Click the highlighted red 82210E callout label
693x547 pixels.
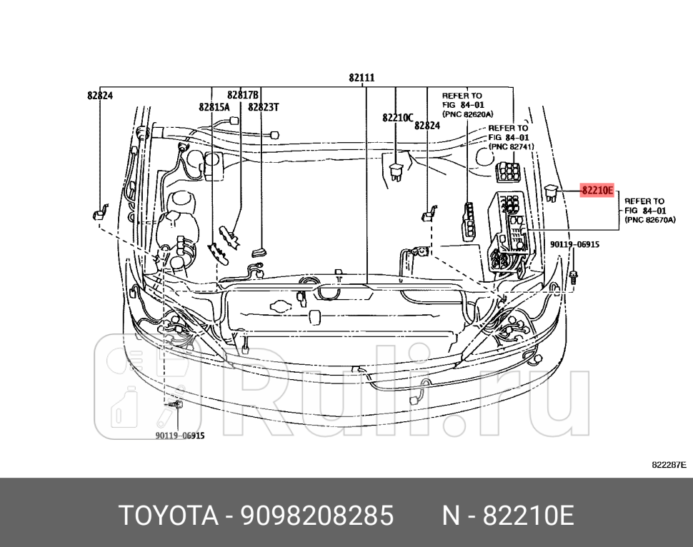[597, 191]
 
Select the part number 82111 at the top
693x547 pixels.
[362, 78]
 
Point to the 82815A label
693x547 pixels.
[214, 107]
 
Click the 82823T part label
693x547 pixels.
[264, 107]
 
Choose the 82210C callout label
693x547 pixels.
[397, 118]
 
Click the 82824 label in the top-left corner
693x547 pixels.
[100, 94]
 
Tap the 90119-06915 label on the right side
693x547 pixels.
[574, 244]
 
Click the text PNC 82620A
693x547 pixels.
[462, 113]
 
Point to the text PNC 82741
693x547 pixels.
[511, 146]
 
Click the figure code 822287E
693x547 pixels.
[669, 465]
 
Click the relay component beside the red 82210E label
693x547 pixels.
[552, 192]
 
